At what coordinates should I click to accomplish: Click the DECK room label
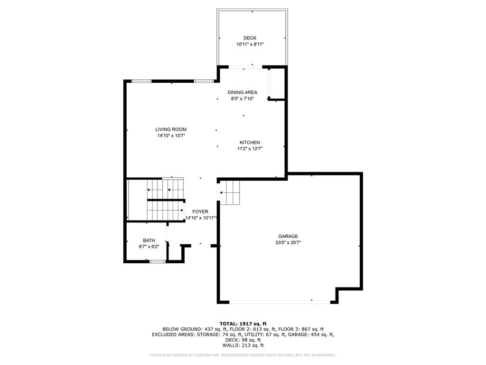point(250,38)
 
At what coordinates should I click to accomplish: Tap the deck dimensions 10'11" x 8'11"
point(250,44)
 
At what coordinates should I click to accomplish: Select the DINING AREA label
point(243,92)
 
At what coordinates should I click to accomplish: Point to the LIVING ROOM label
point(171,129)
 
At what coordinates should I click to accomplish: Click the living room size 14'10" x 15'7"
point(171,135)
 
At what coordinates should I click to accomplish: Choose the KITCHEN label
point(250,143)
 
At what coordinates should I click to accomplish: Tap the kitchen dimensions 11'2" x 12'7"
point(250,149)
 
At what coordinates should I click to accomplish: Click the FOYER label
point(200,211)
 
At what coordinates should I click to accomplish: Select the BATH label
point(149,240)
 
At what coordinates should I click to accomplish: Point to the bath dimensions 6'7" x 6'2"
point(149,247)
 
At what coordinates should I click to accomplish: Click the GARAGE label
point(288,237)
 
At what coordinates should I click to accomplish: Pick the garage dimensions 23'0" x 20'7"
point(288,243)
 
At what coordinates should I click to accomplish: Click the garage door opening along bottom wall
point(280,302)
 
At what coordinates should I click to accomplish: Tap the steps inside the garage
point(230,193)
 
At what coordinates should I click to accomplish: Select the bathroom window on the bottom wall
point(157,262)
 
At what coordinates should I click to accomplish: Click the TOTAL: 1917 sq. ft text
point(243,324)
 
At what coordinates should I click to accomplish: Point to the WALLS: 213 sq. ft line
point(243,345)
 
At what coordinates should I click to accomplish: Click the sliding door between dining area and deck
point(245,67)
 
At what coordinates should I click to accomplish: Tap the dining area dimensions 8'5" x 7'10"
point(243,99)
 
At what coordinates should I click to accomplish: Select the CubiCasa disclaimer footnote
point(243,355)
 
